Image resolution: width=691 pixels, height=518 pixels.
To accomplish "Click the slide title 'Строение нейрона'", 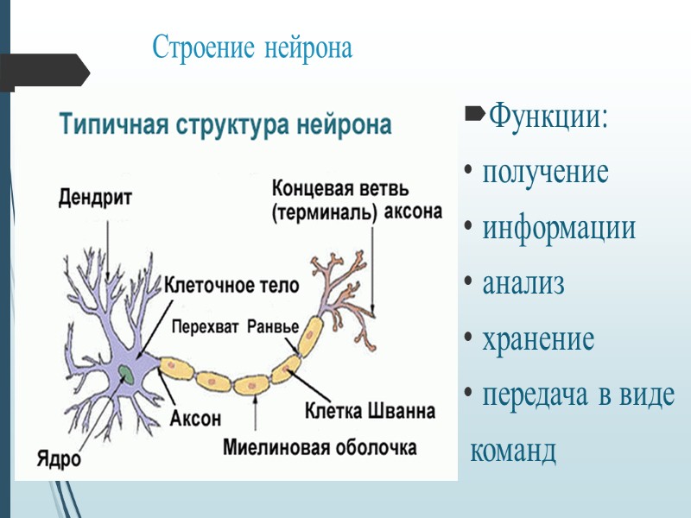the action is [252, 47].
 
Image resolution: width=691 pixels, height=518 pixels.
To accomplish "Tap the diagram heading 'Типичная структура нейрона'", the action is [225, 124].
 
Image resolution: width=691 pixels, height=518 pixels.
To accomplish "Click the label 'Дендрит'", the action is [96, 199].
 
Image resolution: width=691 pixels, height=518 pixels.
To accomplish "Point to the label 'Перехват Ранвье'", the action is [234, 327].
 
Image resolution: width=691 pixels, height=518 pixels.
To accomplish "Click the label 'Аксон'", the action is [195, 418].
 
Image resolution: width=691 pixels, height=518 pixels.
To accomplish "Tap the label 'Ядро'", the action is [59, 458].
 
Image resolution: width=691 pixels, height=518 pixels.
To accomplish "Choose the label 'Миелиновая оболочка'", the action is [320, 448].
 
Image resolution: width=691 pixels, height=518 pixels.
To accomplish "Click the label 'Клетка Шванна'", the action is [370, 411].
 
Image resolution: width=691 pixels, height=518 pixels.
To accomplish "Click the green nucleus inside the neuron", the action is [126, 374].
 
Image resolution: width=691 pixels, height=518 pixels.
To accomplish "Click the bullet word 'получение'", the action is [545, 172].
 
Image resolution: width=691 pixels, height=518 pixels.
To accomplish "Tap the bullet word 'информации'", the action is [559, 228].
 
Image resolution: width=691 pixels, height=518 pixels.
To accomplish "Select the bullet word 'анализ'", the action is [523, 283].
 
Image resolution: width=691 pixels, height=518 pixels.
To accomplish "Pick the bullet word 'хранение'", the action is [538, 339].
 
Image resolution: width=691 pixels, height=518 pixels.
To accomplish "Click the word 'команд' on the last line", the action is [513, 452].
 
